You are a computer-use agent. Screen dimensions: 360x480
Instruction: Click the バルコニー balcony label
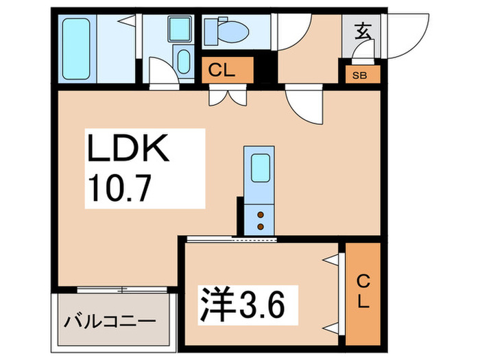(111, 321)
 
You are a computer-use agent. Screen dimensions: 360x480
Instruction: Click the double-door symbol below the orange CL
(226, 96)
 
